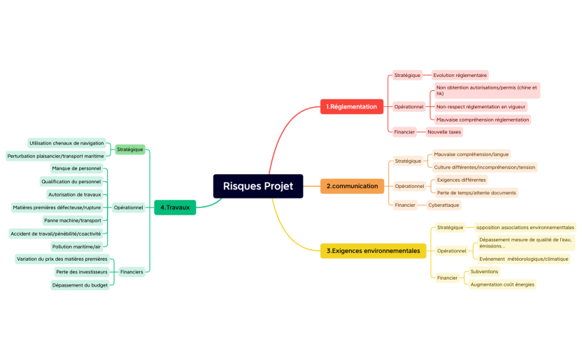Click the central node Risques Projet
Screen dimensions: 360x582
click(x=258, y=186)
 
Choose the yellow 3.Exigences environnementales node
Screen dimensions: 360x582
click(x=373, y=250)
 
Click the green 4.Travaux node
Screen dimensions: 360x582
click(x=175, y=207)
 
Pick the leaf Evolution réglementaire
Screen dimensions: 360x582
click(x=460, y=75)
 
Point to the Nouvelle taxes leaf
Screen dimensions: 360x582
click(x=444, y=131)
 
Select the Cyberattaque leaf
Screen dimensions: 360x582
click(x=443, y=205)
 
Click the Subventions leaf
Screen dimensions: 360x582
click(x=484, y=271)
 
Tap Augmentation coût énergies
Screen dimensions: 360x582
click(x=502, y=285)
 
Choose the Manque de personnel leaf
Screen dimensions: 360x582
click(x=76, y=168)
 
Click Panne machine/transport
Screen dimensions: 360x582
click(x=73, y=220)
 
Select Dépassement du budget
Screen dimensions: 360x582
click(x=80, y=285)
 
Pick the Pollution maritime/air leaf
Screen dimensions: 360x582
click(x=76, y=246)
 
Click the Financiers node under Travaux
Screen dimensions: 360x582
click(x=132, y=272)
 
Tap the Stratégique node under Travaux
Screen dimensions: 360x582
click(x=130, y=149)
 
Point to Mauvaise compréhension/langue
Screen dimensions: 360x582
click(x=471, y=154)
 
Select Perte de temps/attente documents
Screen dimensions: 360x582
click(x=476, y=192)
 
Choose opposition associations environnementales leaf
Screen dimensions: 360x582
click(x=525, y=227)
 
